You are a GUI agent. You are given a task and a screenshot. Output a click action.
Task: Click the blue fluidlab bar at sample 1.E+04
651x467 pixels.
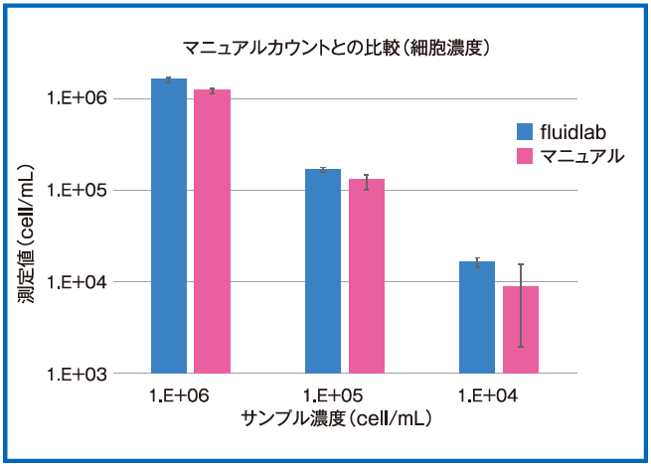(477, 317)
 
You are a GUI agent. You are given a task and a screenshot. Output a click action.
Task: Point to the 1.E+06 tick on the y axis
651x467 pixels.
(82, 98)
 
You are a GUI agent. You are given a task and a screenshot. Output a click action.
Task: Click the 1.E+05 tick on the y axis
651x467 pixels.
(82, 190)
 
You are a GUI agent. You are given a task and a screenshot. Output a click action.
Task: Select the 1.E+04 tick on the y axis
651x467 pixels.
(82, 282)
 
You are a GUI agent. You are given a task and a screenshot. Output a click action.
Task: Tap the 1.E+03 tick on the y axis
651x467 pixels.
(82, 374)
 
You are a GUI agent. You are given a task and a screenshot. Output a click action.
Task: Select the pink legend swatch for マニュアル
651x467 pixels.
(526, 156)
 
